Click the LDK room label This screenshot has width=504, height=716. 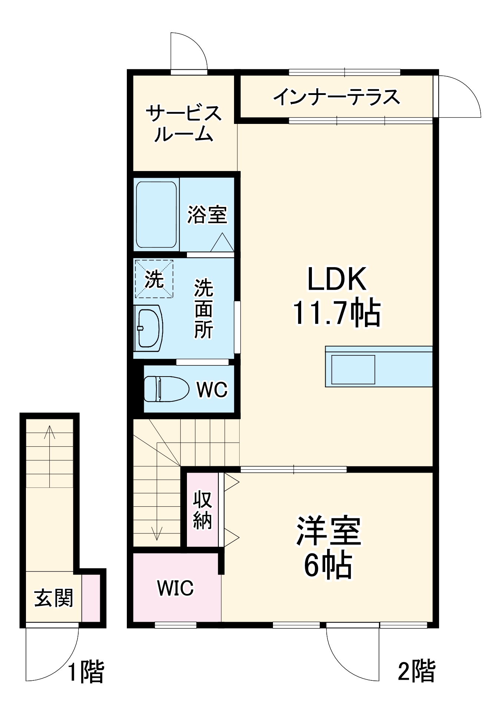pos(337,279)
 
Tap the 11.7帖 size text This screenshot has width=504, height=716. pos(337,312)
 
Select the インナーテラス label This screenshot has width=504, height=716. pos(337,97)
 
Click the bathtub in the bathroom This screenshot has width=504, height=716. pos(156,214)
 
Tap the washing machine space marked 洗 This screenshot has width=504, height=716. pos(154,278)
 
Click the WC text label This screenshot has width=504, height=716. pos(212,390)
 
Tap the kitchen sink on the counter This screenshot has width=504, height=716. pos(353,370)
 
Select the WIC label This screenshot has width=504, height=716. pos(175,588)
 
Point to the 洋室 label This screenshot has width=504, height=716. pos(328,531)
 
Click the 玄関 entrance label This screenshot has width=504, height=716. pos(54,598)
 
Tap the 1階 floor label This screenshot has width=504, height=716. pos(86,671)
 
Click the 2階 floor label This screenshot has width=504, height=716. pos(416,671)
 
